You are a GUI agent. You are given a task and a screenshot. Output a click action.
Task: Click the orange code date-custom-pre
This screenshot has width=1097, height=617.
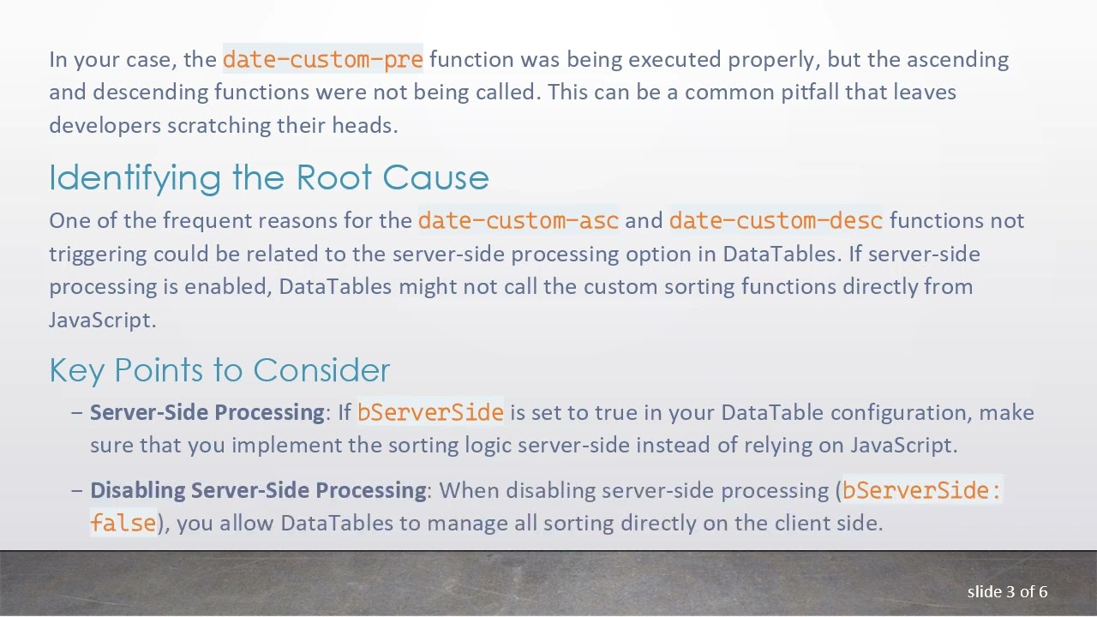coord(322,59)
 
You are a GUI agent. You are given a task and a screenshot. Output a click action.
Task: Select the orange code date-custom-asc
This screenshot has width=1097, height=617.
coord(518,220)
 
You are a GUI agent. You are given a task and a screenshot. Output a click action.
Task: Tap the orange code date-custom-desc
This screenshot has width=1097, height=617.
coord(776,220)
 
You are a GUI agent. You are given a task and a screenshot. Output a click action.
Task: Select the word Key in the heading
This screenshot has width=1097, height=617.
coord(77,370)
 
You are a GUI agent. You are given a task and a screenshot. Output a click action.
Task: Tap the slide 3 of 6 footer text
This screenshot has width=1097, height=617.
coord(1007,591)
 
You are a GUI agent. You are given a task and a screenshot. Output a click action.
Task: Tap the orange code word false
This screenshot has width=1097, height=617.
coord(123,523)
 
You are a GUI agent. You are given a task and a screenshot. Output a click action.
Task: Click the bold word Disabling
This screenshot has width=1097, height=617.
coord(137,490)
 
